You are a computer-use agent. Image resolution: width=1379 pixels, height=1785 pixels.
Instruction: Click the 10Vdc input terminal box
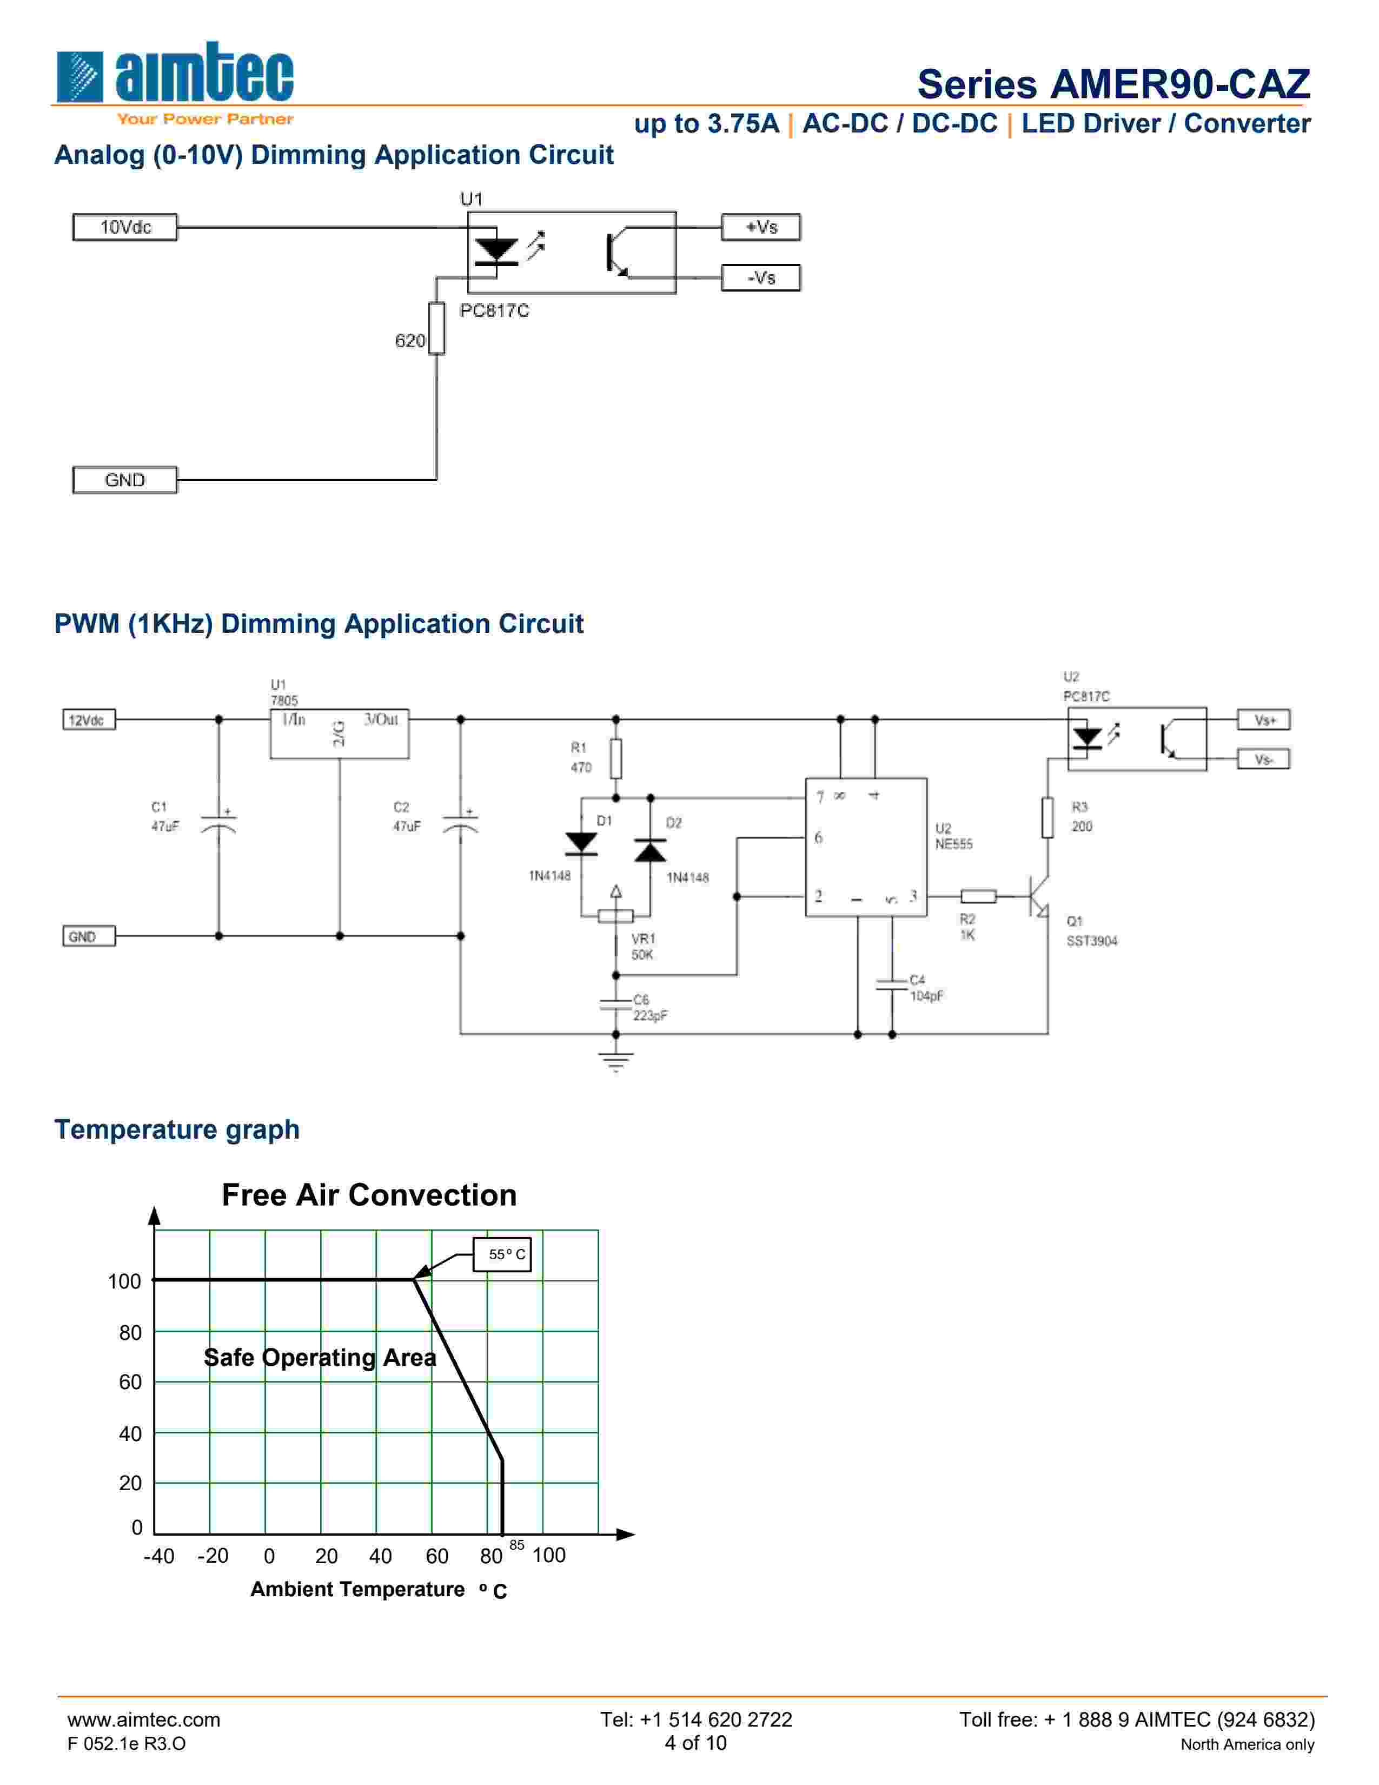pyautogui.click(x=125, y=227)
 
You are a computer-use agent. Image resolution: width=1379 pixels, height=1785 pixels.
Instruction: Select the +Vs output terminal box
pyautogui.click(x=760, y=227)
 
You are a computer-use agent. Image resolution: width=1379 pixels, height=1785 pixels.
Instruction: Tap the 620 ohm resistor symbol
pyautogui.click(x=437, y=328)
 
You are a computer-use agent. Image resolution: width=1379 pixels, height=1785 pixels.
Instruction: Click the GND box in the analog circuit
pyautogui.click(x=125, y=480)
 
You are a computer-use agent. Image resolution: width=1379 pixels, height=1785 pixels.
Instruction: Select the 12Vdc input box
pyautogui.click(x=89, y=720)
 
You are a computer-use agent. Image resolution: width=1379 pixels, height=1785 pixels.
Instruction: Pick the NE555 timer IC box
pyautogui.click(x=866, y=847)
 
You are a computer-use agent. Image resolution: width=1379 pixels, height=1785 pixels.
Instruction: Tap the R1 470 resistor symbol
pyautogui.click(x=616, y=758)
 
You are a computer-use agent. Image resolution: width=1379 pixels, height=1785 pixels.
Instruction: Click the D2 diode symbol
pyautogui.click(x=650, y=851)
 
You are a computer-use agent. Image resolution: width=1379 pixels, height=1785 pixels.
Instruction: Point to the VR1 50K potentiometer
pyautogui.click(x=616, y=915)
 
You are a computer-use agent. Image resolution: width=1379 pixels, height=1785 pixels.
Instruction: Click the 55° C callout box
pyautogui.click(x=502, y=1254)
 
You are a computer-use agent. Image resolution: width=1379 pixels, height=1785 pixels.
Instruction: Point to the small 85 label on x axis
pyautogui.click(x=516, y=1545)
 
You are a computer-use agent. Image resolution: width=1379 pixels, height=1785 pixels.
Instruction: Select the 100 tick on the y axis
pyautogui.click(x=124, y=1281)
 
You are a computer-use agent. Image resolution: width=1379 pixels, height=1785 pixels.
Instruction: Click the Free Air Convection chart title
pyautogui.click(x=369, y=1195)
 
